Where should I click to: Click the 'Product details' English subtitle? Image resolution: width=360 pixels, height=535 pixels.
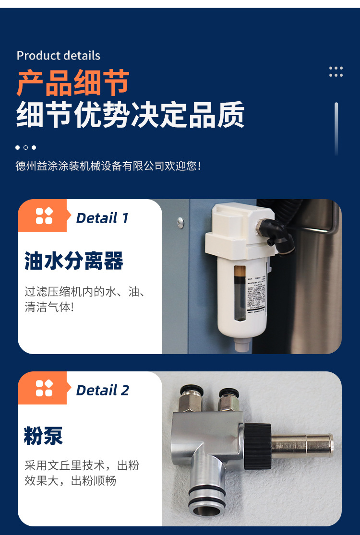pyautogui.click(x=59, y=56)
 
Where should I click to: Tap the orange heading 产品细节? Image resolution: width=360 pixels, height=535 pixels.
pyautogui.click(x=73, y=83)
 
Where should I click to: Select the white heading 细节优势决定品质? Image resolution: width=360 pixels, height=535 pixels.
pyautogui.click(x=131, y=115)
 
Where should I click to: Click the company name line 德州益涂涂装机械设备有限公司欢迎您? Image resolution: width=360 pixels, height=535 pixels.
pyautogui.click(x=108, y=166)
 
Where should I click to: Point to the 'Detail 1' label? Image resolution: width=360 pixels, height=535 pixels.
pyautogui.click(x=102, y=218)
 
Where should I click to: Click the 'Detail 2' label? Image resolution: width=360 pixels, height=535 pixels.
pyautogui.click(x=102, y=391)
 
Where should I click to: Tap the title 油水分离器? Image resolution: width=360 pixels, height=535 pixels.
pyautogui.click(x=74, y=261)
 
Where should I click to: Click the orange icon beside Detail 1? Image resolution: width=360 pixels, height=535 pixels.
pyautogui.click(x=44, y=216)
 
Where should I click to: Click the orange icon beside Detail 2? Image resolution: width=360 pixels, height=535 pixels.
pyautogui.click(x=44, y=388)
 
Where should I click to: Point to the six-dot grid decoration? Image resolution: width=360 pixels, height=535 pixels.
pyautogui.click(x=336, y=72)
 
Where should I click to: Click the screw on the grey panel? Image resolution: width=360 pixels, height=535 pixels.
pyautogui.click(x=180, y=222)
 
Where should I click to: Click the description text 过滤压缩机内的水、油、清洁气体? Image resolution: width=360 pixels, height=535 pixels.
pyautogui.click(x=85, y=299)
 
